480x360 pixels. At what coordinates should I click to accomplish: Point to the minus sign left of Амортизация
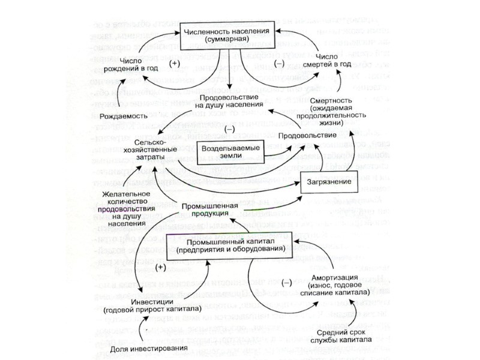click(x=286, y=281)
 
